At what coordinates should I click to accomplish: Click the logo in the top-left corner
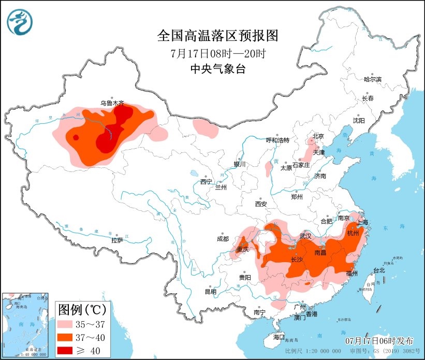coord(20,22)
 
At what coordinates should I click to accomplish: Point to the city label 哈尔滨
coord(372,79)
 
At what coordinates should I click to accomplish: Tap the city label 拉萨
coord(117,240)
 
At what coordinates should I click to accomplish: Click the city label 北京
coord(317,137)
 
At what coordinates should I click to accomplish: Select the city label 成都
coord(223,239)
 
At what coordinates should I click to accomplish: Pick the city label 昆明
coord(210,292)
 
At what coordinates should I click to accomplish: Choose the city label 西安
coord(260,204)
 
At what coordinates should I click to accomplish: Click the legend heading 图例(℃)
coord(82,310)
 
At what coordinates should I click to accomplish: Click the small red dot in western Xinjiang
coord(76,137)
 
